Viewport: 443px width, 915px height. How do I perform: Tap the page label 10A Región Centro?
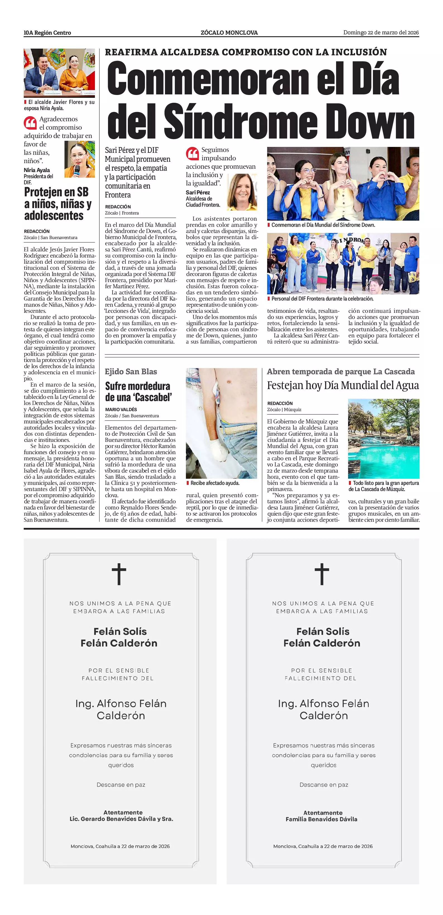point(47,33)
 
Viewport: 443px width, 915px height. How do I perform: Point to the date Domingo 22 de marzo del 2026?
point(381,33)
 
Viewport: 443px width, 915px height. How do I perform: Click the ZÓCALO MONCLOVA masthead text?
point(229,33)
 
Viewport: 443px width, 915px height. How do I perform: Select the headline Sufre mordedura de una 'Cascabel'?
point(137,391)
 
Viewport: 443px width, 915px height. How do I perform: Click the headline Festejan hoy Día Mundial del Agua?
point(343,385)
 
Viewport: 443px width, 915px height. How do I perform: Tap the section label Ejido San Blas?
point(131,371)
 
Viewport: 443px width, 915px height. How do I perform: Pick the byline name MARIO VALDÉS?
point(121,409)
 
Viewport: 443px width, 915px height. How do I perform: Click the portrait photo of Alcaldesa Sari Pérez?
point(242,192)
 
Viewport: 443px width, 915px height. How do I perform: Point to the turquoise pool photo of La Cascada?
point(383,439)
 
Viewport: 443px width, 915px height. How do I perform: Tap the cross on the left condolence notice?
point(119,574)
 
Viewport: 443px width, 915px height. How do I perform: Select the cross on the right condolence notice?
point(322,574)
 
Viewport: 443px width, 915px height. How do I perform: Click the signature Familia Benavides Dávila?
point(321,819)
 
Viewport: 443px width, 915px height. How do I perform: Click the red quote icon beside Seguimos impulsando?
point(192,154)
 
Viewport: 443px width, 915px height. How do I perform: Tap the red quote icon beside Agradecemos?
point(30,123)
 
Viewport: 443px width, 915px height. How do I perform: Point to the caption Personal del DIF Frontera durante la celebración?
point(322,299)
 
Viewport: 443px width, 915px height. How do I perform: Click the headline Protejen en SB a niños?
point(58,204)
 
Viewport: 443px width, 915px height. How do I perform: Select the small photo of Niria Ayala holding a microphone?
point(80,159)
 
